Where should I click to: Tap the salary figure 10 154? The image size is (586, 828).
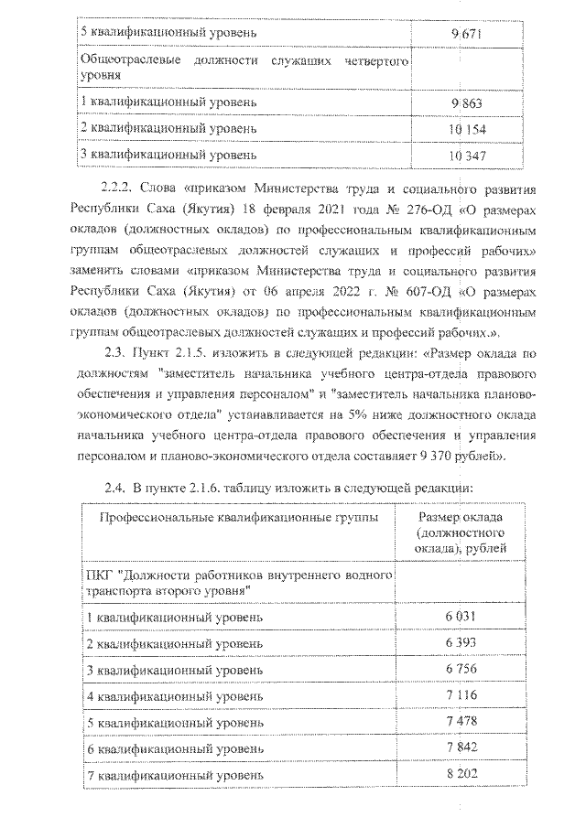tap(467, 128)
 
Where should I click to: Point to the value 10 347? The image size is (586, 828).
tap(467, 155)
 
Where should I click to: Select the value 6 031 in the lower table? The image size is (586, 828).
tap(462, 617)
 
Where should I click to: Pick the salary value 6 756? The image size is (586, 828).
tap(462, 670)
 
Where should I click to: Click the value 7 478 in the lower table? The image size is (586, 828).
tap(462, 723)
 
